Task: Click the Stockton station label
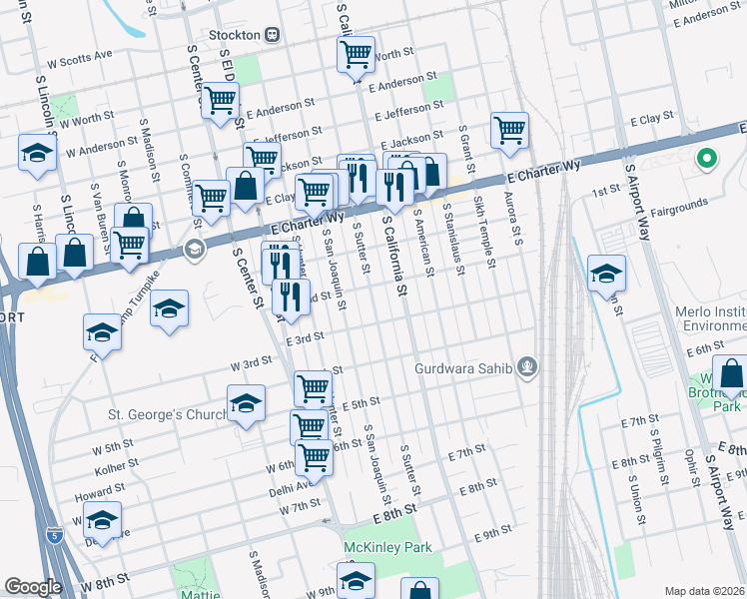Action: (236, 34)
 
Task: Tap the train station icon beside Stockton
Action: (272, 34)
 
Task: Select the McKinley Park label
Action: (386, 547)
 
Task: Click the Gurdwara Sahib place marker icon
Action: (527, 369)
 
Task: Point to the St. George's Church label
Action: (163, 413)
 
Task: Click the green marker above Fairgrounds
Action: (708, 159)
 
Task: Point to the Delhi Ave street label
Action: (291, 489)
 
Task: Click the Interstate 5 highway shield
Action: (57, 537)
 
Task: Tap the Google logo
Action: (32, 587)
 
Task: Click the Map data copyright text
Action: (705, 590)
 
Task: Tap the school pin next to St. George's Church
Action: (246, 403)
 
